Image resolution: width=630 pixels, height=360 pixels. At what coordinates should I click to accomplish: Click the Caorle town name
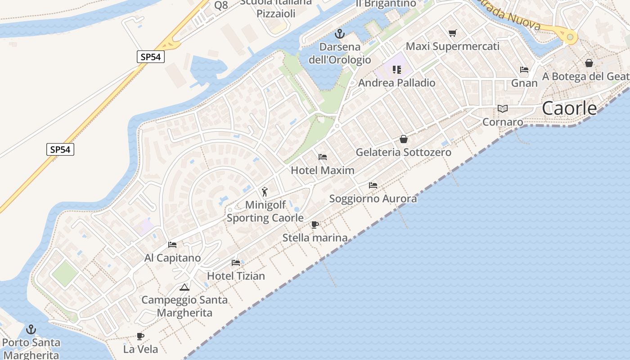[x=569, y=108]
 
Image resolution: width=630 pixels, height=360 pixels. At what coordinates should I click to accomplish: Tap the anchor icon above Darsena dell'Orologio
[x=340, y=34]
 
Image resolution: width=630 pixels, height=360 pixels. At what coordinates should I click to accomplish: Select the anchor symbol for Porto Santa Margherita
[x=31, y=329]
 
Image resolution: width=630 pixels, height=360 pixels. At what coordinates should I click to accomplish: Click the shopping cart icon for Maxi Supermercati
[x=452, y=33]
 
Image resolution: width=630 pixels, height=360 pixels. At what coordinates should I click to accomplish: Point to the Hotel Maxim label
[x=323, y=171]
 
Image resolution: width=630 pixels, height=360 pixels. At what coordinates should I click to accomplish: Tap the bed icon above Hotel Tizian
[x=236, y=263]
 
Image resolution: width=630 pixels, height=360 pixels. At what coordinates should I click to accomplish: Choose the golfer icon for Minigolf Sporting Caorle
[x=265, y=192]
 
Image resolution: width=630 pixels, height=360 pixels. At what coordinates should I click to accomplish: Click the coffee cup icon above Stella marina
[x=315, y=225]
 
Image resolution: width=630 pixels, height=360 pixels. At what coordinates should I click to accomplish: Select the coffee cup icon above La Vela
[x=140, y=336]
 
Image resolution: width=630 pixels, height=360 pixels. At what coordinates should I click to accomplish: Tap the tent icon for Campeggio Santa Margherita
[x=184, y=287]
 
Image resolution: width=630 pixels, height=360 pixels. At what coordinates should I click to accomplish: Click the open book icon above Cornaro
[x=503, y=109]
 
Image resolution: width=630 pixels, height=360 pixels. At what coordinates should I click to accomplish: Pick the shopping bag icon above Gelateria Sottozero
[x=404, y=139]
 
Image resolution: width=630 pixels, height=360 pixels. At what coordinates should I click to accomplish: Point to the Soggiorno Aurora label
[x=373, y=198]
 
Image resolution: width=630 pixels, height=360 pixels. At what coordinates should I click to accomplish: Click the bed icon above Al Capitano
[x=172, y=245]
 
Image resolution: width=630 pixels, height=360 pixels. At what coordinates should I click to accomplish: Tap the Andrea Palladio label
[x=396, y=83]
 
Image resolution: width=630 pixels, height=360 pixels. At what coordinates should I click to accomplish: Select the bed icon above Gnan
[x=524, y=70]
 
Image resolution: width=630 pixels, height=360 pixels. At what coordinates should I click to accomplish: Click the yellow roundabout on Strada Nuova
[x=570, y=37]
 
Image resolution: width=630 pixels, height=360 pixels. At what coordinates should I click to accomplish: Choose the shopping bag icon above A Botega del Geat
[x=589, y=63]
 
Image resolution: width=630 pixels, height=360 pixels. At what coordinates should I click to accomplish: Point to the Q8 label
[x=221, y=5]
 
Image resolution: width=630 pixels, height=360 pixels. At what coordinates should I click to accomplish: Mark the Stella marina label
[x=315, y=238]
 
